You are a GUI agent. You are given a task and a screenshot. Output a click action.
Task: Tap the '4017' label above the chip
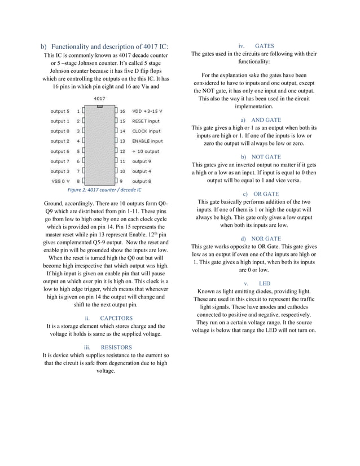(x=99, y=98)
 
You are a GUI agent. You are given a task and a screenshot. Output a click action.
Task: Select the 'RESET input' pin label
(x=146, y=121)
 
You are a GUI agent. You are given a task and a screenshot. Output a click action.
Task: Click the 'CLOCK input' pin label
(x=146, y=131)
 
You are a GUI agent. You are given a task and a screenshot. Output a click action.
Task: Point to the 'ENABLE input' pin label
(x=147, y=141)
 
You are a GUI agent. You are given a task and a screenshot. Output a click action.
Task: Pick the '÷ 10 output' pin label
(x=146, y=151)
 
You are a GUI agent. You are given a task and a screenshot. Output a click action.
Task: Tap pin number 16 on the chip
(x=122, y=111)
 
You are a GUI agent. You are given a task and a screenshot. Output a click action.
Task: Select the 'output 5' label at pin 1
(x=60, y=111)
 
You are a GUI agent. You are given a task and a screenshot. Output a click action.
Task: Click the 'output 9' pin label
(x=142, y=161)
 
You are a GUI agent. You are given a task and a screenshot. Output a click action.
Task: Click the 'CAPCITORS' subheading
(x=116, y=318)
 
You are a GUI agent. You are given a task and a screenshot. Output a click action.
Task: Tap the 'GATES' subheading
(x=264, y=46)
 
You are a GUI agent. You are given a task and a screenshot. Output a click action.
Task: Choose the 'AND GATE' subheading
(x=265, y=120)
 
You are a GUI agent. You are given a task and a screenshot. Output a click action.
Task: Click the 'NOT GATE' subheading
(x=265, y=157)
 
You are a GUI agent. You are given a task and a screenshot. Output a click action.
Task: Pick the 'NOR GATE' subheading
(x=265, y=239)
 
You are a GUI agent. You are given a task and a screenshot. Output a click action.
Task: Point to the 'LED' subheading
(x=265, y=283)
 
